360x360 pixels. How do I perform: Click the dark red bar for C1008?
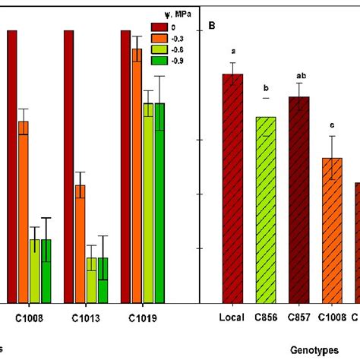pyautogui.click(x=12, y=167)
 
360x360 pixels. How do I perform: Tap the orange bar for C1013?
pyautogui.click(x=80, y=243)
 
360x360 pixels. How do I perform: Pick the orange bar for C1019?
pyautogui.click(x=137, y=175)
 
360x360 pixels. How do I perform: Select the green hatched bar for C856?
pyautogui.click(x=266, y=209)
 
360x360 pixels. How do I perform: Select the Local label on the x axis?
pyautogui.click(x=232, y=317)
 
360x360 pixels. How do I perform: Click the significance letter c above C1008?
pyautogui.click(x=332, y=126)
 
